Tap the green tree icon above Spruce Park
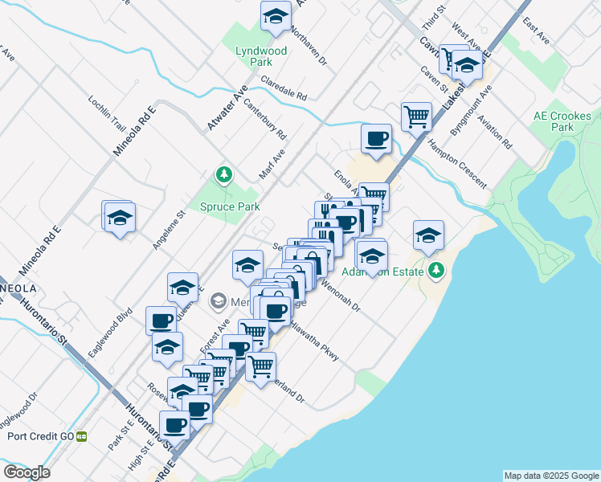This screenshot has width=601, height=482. tap(224, 174)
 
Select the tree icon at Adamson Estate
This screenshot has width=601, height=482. tap(436, 270)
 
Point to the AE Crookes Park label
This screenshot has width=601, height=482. tap(555, 121)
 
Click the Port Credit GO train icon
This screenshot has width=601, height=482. tap(81, 436)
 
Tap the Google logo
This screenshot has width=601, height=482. tap(27, 472)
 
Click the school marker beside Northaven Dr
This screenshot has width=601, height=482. tap(275, 16)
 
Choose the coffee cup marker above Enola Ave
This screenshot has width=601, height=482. tap(376, 139)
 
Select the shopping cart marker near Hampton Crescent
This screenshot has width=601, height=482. tap(416, 116)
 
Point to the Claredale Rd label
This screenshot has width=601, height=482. tap(284, 89)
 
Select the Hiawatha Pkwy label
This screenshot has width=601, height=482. tap(314, 341)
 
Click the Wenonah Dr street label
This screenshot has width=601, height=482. tap(340, 295)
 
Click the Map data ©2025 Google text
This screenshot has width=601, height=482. tap(551, 476)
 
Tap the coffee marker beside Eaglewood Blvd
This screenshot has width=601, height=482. tap(161, 321)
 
